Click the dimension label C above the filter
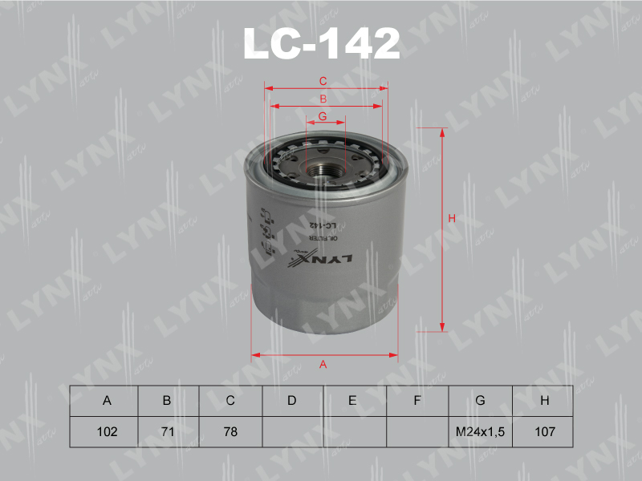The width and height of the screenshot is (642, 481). click(x=323, y=81)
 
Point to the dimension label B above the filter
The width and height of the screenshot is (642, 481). click(x=323, y=99)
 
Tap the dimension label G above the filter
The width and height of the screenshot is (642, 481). click(x=322, y=116)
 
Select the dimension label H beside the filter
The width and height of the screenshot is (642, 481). click(x=452, y=219)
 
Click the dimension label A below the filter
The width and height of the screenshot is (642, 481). click(x=323, y=365)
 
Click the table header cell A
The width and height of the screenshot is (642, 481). click(x=106, y=401)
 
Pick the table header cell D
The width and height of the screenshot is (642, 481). click(x=292, y=401)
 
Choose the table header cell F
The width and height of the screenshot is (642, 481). click(x=416, y=401)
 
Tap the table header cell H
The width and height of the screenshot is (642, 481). click(x=544, y=401)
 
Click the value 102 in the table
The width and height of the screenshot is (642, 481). click(x=106, y=431)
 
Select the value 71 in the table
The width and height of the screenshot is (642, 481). click(x=169, y=431)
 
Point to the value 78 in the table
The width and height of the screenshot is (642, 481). click(x=230, y=431)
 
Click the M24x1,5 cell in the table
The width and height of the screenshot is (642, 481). click(x=479, y=431)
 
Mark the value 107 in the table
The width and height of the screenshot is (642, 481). click(x=544, y=431)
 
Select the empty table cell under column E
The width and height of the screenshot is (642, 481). click(x=355, y=431)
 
